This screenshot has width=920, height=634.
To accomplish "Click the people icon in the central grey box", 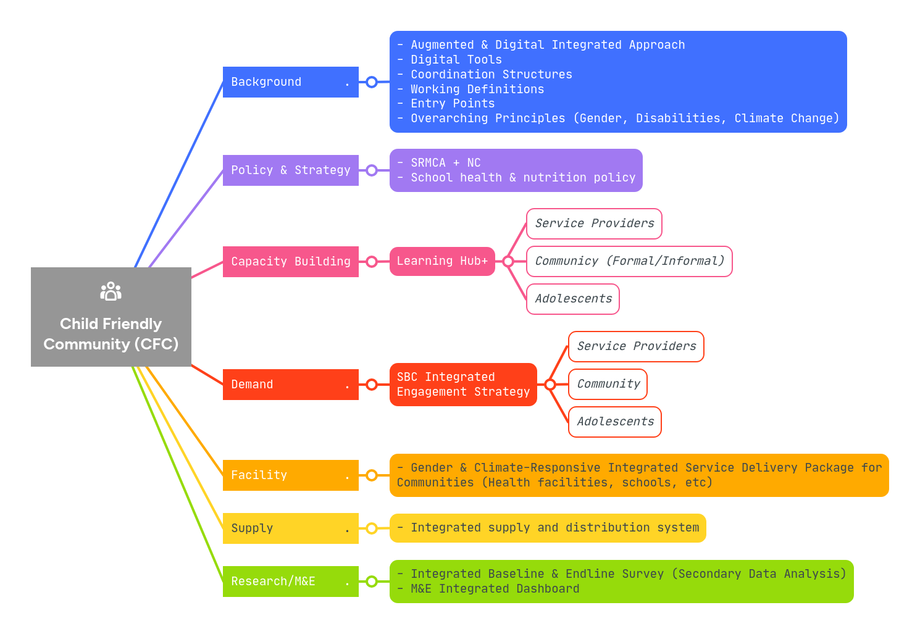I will click(111, 291).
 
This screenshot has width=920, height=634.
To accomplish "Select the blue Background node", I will click(290, 82).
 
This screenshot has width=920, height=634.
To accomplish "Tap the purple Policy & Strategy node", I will click(290, 170).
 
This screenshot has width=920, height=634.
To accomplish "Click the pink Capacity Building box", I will click(290, 262).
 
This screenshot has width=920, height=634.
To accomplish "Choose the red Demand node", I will click(290, 385).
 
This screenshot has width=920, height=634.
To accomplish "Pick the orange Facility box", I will click(290, 475).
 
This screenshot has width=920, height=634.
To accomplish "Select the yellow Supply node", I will click(290, 528).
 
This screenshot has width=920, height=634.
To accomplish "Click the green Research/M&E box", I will click(290, 582).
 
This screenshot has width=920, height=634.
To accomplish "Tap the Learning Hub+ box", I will click(442, 261).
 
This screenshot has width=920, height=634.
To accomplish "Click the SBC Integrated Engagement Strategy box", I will click(463, 385).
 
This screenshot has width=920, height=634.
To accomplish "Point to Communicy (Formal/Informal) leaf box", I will click(629, 261).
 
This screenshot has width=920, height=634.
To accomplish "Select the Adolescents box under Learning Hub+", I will click(573, 299).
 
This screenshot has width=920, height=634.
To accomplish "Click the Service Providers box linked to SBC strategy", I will click(636, 346).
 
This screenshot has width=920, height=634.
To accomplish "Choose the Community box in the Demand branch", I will click(608, 384).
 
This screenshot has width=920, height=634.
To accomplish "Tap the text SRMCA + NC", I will click(445, 163).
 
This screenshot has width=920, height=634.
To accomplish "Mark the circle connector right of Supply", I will click(372, 528).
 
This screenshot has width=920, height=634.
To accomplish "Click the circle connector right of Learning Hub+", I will click(508, 262).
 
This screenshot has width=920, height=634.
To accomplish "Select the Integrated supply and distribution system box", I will click(548, 528).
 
